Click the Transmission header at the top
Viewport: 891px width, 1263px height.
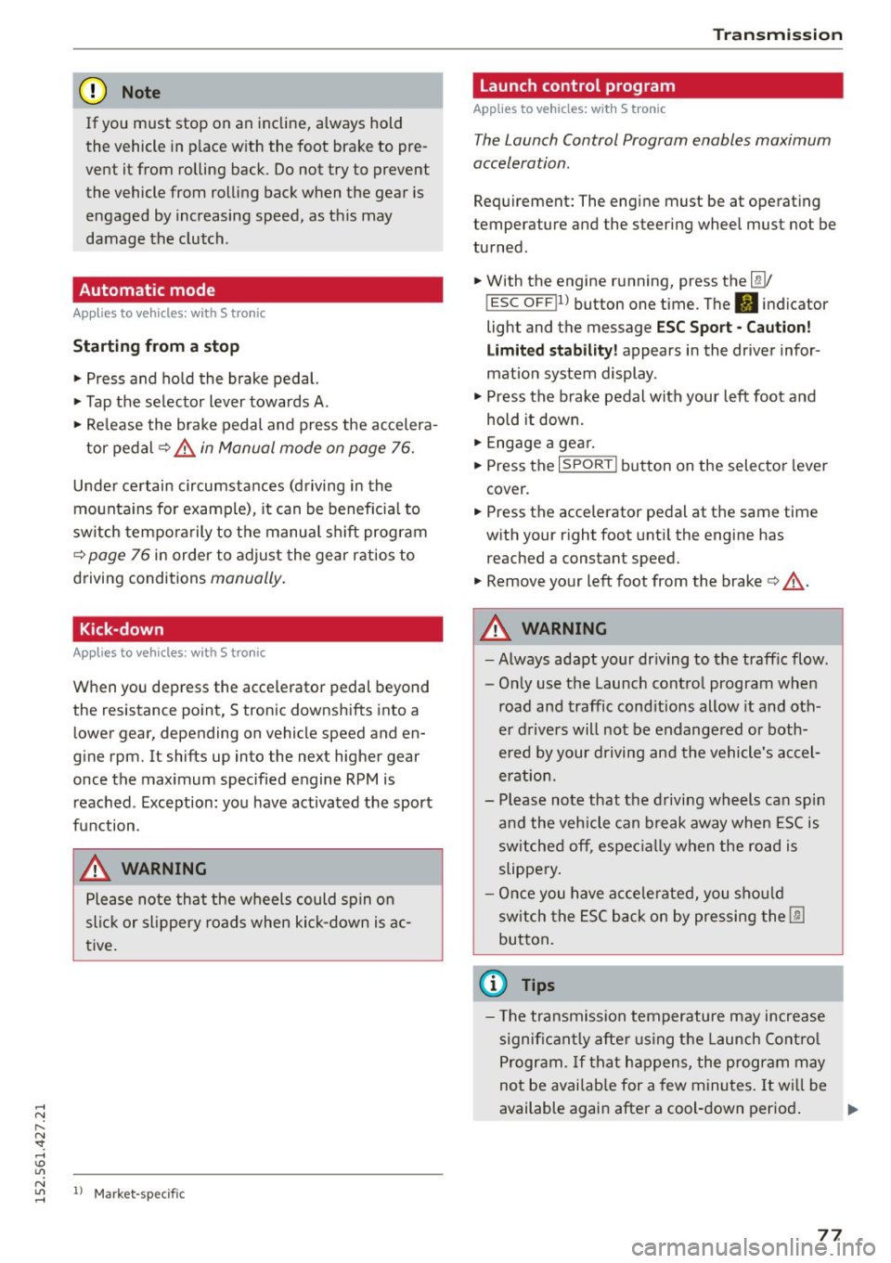coord(777,34)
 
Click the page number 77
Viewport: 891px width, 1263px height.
coord(830,1234)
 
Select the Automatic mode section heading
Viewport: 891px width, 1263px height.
coord(147,290)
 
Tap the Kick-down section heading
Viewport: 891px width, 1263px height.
coord(122,629)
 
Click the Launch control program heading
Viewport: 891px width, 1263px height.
coord(577,85)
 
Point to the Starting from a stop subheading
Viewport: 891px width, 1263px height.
coord(156,346)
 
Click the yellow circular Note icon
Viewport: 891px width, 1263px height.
coord(94,92)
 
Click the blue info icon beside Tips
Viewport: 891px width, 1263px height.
coord(493,984)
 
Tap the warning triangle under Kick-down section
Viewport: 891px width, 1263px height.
coord(96,869)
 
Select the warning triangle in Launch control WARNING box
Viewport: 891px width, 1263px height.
coord(496,629)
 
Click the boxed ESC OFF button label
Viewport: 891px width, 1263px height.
coord(521,303)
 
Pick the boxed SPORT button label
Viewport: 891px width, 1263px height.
coord(588,465)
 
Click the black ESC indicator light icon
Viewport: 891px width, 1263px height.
coord(746,303)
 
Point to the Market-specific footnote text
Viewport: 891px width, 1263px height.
coord(139,1193)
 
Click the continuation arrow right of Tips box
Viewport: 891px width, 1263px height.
coord(853,1109)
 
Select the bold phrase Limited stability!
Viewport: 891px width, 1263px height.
coord(551,350)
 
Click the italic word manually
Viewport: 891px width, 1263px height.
coord(247,578)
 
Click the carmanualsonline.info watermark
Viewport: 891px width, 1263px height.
coord(753,1247)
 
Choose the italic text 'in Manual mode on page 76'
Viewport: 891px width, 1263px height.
coord(306,448)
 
